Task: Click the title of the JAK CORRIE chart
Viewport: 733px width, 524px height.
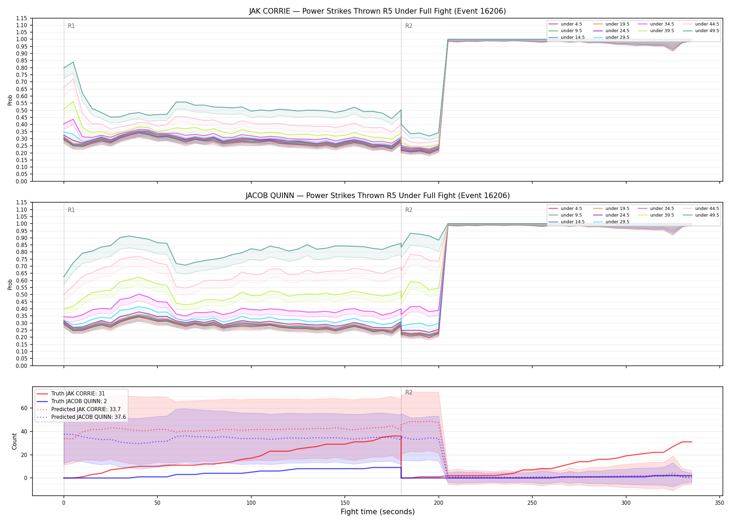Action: point(377,11)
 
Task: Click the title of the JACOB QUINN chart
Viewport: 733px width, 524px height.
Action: point(377,196)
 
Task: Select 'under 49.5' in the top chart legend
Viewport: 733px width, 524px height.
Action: point(707,31)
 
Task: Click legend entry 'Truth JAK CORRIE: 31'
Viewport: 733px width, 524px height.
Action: point(78,394)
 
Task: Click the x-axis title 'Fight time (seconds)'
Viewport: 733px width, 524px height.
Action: point(378,512)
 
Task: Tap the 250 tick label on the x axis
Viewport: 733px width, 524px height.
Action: point(532,503)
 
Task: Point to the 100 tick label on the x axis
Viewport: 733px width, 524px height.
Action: point(251,503)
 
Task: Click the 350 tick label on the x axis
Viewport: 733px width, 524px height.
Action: point(719,503)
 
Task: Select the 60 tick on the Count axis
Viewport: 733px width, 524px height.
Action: point(24,408)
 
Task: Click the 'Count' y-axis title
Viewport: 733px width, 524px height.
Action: point(14,441)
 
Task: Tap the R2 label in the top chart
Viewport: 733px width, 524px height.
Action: point(409,26)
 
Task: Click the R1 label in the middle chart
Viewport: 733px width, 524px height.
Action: point(71,210)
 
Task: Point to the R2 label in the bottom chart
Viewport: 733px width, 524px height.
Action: point(409,392)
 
